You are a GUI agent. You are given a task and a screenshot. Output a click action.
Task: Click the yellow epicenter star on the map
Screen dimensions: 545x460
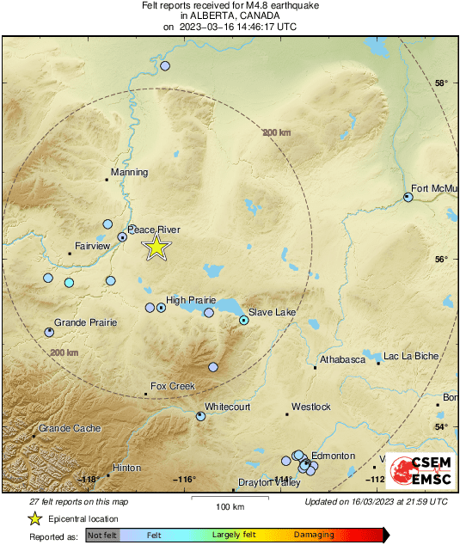pos(156,248)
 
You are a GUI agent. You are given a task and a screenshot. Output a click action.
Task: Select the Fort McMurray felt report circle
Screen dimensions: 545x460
pos(408,197)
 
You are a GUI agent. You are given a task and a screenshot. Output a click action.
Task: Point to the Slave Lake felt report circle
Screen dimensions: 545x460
pos(243,320)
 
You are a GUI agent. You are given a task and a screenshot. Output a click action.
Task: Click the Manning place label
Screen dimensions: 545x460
pos(130,173)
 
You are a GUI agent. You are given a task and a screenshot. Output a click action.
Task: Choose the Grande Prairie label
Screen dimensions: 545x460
pos(86,322)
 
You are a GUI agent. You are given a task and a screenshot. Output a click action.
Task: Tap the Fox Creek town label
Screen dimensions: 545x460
pos(173,387)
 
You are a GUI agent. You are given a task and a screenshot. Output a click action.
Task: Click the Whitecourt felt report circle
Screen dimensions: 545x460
pos(200,416)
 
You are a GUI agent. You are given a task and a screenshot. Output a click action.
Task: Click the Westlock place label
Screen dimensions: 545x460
pos(311,407)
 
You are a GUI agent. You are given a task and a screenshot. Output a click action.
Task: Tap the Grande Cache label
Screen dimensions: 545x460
pos(70,429)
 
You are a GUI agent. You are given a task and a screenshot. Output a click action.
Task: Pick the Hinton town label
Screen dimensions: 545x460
pos(126,468)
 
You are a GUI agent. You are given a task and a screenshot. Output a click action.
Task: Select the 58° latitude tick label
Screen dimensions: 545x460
pos(441,83)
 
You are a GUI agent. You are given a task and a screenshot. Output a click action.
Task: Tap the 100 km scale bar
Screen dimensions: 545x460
pos(225,499)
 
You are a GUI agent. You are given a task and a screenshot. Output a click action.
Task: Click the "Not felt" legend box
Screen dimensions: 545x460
pos(102,535)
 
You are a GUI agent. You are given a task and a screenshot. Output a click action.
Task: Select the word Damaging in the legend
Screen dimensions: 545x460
pos(315,535)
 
